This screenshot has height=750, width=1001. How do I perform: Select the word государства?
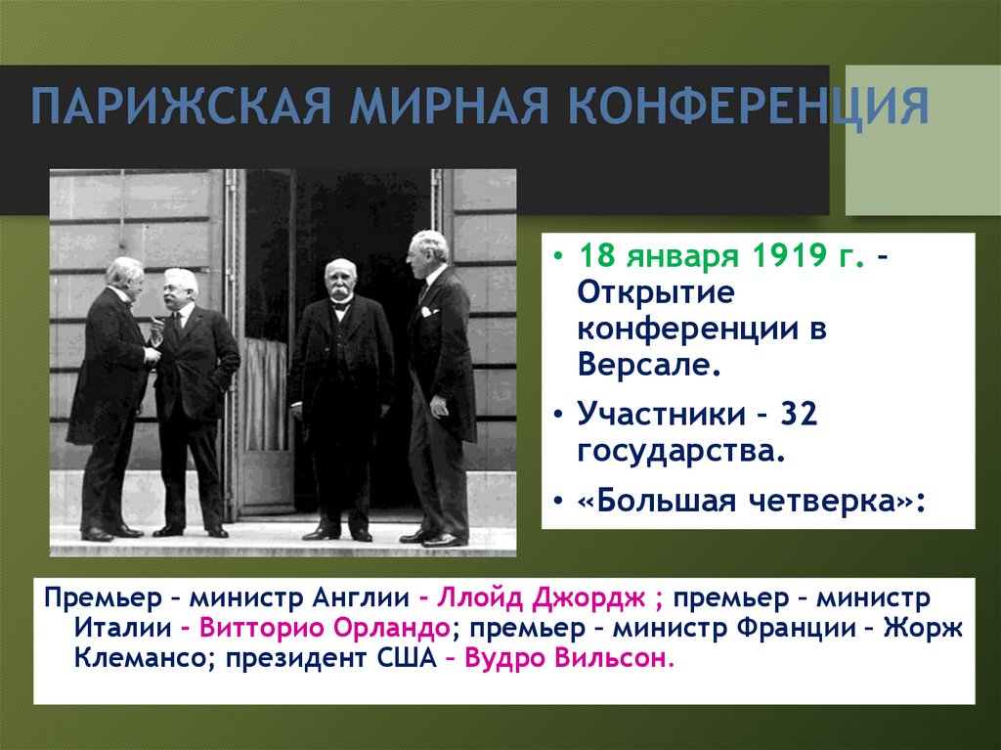(681, 451)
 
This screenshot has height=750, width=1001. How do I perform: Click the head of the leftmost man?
(125, 277)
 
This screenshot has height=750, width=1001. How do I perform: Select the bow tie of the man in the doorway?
(340, 305)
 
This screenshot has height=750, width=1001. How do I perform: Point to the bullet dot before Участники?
(556, 415)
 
